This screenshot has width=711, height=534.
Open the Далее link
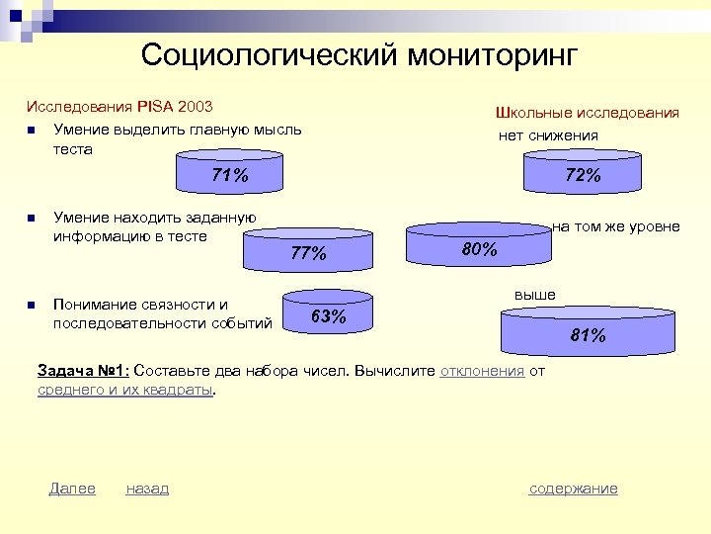point(72,489)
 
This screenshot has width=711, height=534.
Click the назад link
point(147,489)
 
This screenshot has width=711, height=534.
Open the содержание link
point(573,489)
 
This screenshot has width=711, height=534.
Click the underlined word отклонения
point(482,371)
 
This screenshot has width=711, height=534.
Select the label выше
point(534,295)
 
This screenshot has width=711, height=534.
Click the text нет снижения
point(548,135)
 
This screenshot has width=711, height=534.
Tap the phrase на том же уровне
point(615,226)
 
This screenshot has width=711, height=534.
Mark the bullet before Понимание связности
point(32,305)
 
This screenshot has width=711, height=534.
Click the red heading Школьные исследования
point(587,113)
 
